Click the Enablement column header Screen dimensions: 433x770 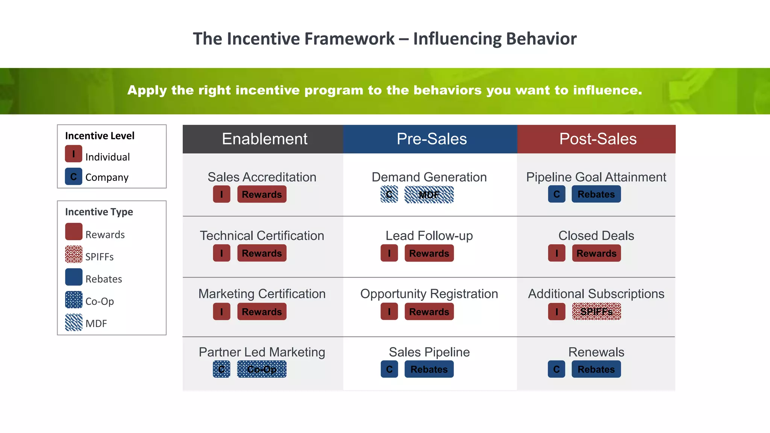(264, 139)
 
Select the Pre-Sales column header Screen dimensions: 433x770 (431, 139)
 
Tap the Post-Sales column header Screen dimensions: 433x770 (597, 139)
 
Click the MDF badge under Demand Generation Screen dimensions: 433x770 (429, 195)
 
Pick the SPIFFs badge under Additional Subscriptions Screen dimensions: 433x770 (596, 312)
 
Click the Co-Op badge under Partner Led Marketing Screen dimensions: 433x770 (262, 369)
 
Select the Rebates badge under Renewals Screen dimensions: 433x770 (596, 369)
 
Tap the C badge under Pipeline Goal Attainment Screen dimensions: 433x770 (556, 194)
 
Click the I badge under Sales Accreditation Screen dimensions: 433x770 (221, 194)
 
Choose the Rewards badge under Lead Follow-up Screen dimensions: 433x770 (429, 253)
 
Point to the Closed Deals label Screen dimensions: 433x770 (596, 236)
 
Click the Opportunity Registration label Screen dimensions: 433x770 (429, 294)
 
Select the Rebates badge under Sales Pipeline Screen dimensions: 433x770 (429, 369)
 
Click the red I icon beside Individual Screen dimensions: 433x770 (73, 154)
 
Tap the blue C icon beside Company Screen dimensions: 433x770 (73, 177)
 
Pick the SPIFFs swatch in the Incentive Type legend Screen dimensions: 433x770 (74, 254)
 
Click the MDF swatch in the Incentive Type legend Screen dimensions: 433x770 (74, 322)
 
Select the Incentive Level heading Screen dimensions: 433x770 (100, 136)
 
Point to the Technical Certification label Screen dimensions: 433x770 (262, 236)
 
